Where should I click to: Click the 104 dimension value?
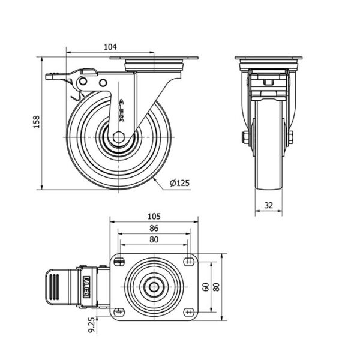[x=110, y=47]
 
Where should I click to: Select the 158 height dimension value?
[x=37, y=122]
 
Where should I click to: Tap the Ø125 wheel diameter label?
[x=180, y=183]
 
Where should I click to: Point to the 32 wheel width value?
[x=269, y=205]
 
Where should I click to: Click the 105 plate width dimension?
[x=154, y=216]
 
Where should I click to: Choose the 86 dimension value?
[x=154, y=228]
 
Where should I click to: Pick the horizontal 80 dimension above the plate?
[x=154, y=239]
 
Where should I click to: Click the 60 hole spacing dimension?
[x=206, y=287]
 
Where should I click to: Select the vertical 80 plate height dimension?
[x=216, y=287]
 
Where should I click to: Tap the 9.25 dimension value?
[x=92, y=325]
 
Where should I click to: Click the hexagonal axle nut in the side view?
[x=119, y=137]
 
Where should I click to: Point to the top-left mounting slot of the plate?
[x=119, y=261]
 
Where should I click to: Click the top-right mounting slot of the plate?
[x=189, y=261]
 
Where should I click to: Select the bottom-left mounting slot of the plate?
[x=119, y=312]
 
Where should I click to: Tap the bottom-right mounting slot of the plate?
[x=189, y=312]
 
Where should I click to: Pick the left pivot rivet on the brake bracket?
[x=83, y=81]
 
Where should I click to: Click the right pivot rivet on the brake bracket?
[x=103, y=83]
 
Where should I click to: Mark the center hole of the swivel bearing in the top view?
[x=154, y=287]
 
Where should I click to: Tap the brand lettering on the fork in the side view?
[x=122, y=110]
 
